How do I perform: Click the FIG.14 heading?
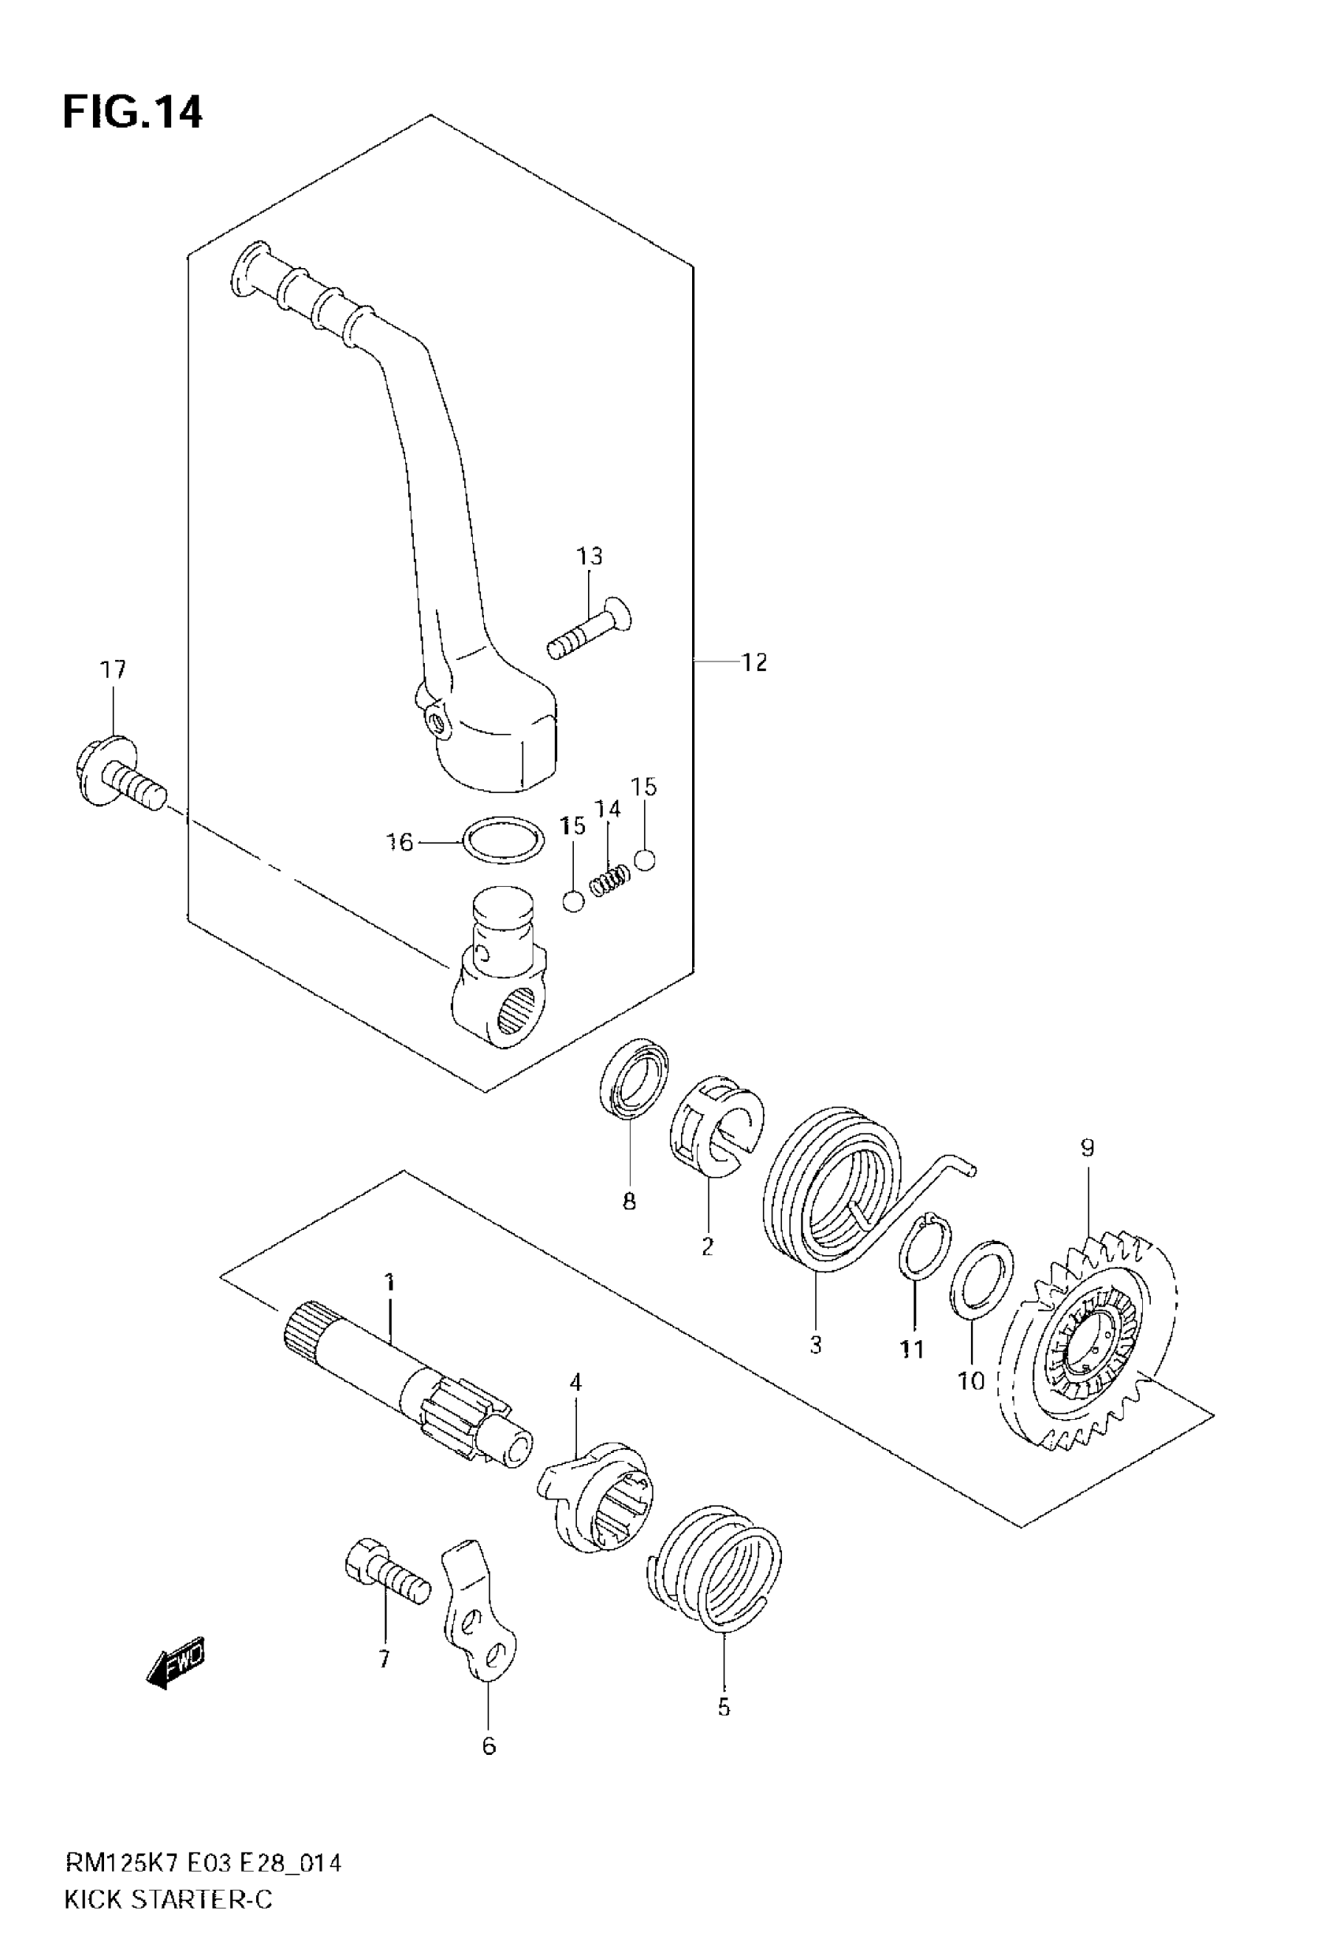pyautogui.click(x=132, y=113)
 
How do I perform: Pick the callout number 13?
pyautogui.click(x=590, y=556)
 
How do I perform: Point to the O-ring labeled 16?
pyautogui.click(x=502, y=840)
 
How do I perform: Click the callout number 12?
pyautogui.click(x=754, y=662)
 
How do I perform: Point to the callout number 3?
pyautogui.click(x=815, y=1344)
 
